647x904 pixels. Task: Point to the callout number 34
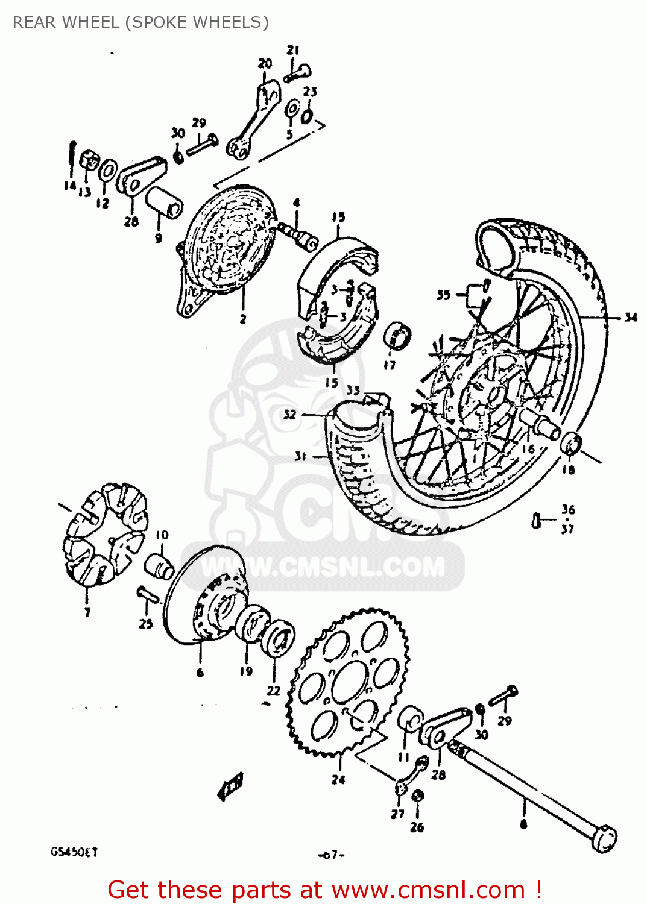click(x=630, y=317)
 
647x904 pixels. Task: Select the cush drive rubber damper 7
click(x=104, y=533)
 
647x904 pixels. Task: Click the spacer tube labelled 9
click(x=163, y=202)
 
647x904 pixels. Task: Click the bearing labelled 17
click(x=397, y=336)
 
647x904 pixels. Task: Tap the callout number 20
click(x=265, y=63)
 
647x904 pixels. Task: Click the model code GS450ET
click(x=74, y=852)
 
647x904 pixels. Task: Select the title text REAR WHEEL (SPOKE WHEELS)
click(x=140, y=22)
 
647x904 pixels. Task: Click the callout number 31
click(x=300, y=456)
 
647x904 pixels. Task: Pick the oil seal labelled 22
click(x=279, y=639)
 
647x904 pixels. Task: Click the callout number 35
click(x=443, y=295)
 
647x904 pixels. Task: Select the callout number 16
click(x=528, y=448)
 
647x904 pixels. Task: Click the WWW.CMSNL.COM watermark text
click(x=323, y=567)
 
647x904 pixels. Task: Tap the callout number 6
click(x=200, y=673)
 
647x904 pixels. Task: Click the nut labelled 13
click(x=89, y=161)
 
